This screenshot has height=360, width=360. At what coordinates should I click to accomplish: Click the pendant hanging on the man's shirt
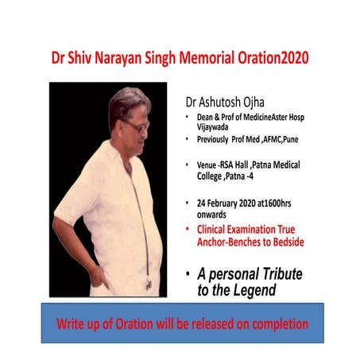[149, 284]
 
